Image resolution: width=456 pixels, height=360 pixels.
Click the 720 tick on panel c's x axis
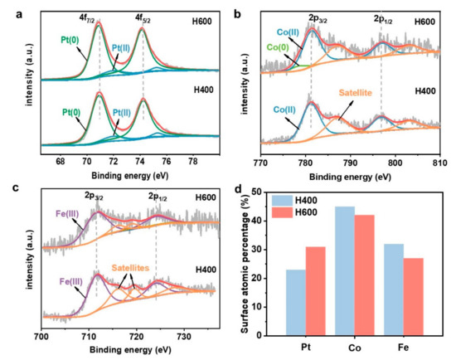click(136, 333)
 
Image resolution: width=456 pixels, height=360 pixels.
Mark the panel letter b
click(238, 13)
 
